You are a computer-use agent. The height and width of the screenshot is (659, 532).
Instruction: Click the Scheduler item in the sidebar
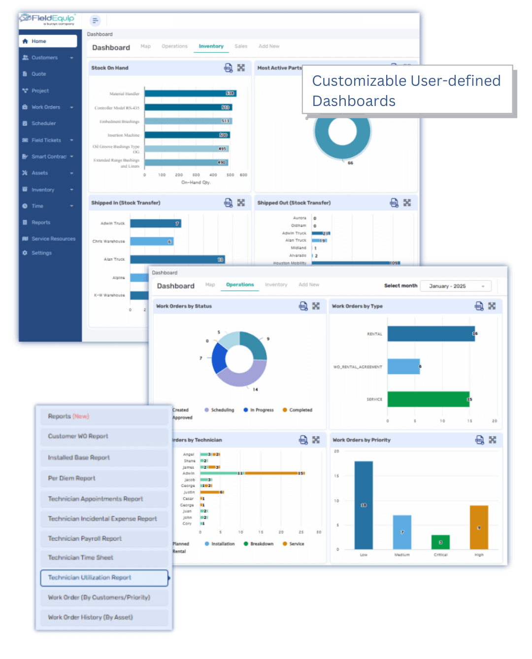(x=43, y=123)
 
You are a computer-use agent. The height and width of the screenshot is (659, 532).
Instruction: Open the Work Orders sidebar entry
(x=45, y=107)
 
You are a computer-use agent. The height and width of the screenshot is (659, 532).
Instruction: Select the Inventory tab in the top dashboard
(x=211, y=46)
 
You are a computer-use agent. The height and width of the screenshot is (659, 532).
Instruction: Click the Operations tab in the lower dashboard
(x=240, y=285)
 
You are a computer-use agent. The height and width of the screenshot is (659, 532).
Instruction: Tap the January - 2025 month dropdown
(x=456, y=286)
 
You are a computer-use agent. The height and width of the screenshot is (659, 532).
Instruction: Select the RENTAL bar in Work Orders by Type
(x=431, y=334)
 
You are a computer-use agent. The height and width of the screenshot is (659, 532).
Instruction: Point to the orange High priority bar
(x=479, y=527)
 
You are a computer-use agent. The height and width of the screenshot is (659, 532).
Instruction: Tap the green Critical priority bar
(x=440, y=542)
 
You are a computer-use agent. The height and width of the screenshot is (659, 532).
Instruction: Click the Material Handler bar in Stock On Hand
(x=190, y=93)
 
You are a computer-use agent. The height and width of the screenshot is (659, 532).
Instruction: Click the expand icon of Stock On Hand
(x=241, y=68)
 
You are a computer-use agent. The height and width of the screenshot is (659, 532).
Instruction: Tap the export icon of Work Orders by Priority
(x=479, y=440)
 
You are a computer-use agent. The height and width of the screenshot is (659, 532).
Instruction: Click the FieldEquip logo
(x=47, y=19)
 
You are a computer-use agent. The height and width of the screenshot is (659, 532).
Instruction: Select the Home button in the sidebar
(x=48, y=41)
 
